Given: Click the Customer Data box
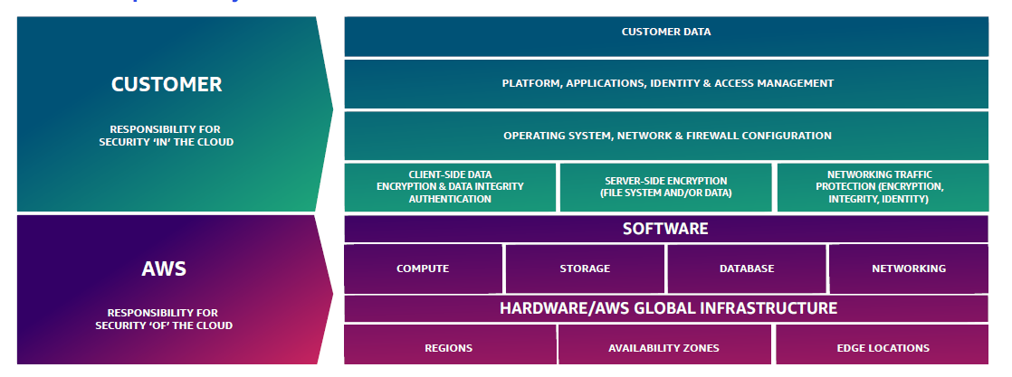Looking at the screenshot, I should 666,33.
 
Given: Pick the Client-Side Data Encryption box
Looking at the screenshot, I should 450,186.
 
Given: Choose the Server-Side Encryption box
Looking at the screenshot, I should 665,186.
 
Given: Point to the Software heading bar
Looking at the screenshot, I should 665,229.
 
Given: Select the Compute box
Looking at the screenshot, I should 423,269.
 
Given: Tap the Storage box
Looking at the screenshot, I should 585,269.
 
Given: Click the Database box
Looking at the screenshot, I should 747,269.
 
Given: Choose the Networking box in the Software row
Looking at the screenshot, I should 908,269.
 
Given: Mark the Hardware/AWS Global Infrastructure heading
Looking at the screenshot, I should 668,308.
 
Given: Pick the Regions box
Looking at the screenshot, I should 449,348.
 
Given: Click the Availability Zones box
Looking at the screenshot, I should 664,348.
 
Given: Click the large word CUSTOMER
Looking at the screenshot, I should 167,85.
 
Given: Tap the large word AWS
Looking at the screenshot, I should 166,269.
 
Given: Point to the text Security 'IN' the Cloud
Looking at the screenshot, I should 166,142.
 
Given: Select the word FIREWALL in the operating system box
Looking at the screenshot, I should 709,136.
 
